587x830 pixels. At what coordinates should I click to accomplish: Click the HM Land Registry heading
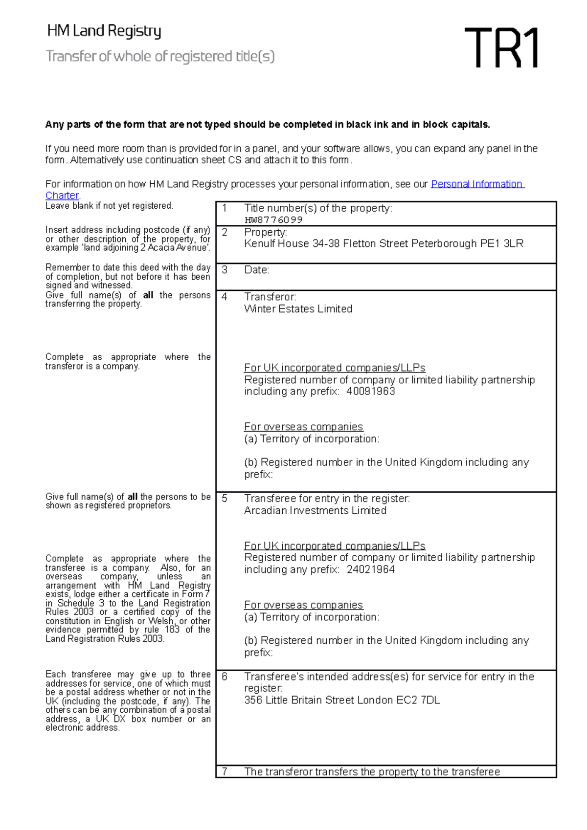(x=104, y=31)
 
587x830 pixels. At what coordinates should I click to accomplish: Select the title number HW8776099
(x=273, y=220)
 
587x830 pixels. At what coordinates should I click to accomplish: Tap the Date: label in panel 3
(x=257, y=270)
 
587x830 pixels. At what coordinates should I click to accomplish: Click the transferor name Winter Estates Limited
(x=298, y=309)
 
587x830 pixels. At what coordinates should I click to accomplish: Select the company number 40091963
(x=370, y=391)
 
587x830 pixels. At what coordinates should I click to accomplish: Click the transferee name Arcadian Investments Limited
(x=315, y=510)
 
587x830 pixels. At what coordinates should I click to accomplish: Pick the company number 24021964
(x=370, y=569)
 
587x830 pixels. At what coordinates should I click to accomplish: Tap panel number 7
(x=225, y=771)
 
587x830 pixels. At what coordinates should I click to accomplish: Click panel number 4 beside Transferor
(x=225, y=297)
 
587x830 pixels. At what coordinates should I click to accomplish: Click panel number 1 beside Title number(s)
(x=225, y=208)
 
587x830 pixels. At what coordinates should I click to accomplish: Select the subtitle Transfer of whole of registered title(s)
(x=160, y=57)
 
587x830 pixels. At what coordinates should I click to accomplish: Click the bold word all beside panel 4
(x=148, y=295)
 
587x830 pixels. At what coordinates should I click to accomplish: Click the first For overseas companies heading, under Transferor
(x=303, y=427)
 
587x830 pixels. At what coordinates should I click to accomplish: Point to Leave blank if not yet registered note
(x=109, y=206)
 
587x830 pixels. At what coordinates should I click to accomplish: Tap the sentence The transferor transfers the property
(x=372, y=771)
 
